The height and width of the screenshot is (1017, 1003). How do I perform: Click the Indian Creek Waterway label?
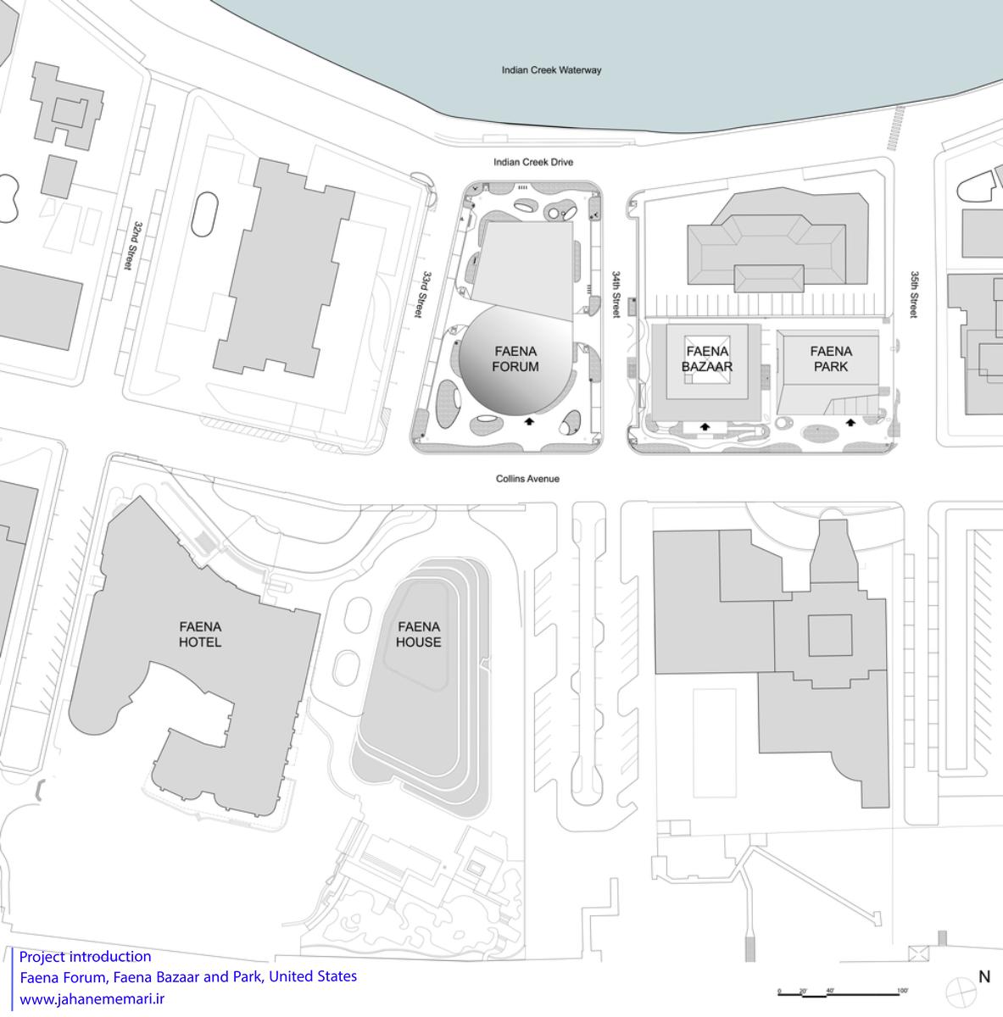[551, 69]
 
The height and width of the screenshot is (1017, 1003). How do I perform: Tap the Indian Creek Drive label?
[533, 162]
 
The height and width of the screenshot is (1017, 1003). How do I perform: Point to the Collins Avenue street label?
[527, 479]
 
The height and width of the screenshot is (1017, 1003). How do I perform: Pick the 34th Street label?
[616, 294]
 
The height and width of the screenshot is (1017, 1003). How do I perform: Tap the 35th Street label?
[914, 294]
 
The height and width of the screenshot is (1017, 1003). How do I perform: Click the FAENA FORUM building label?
[515, 358]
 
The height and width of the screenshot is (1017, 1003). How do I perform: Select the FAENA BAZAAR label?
[707, 358]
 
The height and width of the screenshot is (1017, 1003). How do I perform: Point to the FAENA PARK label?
[831, 358]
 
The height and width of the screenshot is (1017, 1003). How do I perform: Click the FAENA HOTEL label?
[199, 635]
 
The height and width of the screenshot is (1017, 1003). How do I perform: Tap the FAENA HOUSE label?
[419, 635]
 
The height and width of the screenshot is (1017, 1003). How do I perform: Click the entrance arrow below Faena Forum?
[529, 420]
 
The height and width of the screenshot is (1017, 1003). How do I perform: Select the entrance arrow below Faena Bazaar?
[705, 426]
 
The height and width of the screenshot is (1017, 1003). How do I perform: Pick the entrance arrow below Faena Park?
[850, 422]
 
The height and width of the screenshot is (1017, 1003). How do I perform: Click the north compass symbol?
[961, 992]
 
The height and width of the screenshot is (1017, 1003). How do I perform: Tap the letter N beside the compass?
[984, 977]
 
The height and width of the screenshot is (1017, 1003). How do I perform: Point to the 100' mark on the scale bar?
[902, 991]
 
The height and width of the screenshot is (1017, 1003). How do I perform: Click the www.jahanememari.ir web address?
[92, 999]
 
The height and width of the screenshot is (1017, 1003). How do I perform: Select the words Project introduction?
[85, 957]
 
